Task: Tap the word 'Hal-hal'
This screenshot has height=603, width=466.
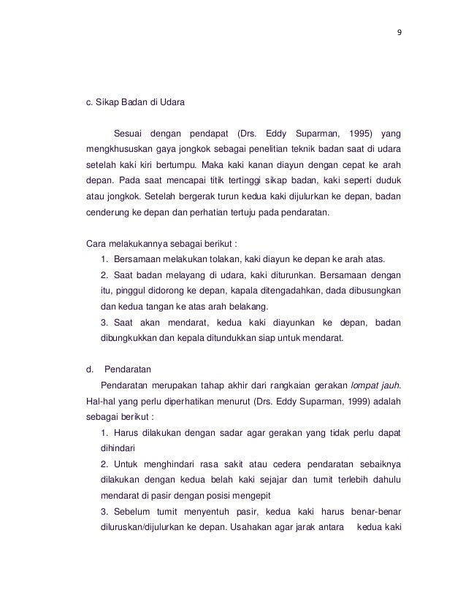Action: tap(102, 401)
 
